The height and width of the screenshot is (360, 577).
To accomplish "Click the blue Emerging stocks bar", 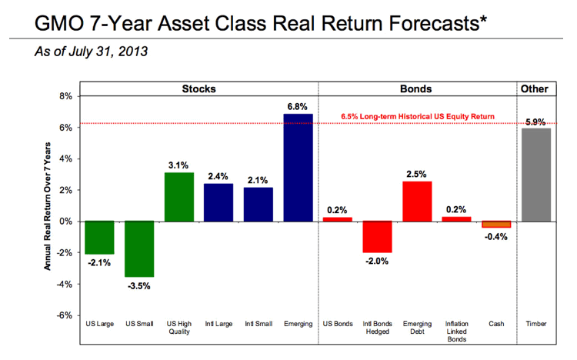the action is [x=298, y=168].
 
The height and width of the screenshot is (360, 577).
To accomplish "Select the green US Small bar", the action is [x=139, y=248].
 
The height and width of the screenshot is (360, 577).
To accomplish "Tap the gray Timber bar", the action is [x=536, y=175].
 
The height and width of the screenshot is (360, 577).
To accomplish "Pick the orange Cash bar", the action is [x=496, y=224].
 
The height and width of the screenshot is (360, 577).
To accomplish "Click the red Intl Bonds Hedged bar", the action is [x=377, y=237].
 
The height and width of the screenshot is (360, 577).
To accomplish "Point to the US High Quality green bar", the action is [x=178, y=197].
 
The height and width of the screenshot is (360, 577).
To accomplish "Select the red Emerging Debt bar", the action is [x=417, y=202].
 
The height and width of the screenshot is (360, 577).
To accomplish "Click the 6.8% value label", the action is [x=297, y=107].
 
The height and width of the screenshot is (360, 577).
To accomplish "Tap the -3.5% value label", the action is [x=139, y=286].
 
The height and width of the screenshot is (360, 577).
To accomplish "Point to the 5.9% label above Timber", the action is [x=535, y=122].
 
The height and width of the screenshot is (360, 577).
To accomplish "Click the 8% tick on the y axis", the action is [x=65, y=96].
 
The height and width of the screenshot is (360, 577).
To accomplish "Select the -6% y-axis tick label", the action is [x=64, y=315].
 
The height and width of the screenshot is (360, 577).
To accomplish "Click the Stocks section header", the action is [x=198, y=88].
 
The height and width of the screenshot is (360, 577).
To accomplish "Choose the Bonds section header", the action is [x=415, y=88].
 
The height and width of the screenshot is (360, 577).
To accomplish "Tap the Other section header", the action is [x=535, y=88].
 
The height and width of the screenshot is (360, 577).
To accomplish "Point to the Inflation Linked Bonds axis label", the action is [x=457, y=332].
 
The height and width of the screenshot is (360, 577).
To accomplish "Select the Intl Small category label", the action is [x=258, y=324].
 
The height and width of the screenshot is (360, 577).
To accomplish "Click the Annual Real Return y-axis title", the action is [x=48, y=206].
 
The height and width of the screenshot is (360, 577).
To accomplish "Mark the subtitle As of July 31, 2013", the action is [x=92, y=52].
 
